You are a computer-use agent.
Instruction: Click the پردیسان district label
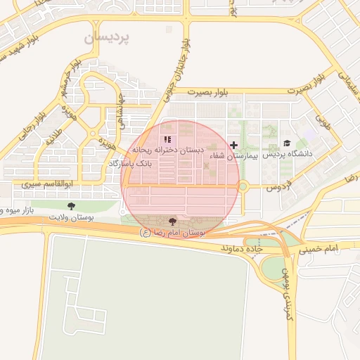pos(112,39)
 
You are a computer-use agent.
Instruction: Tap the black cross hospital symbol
pos(234,145)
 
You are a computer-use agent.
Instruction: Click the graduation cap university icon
pos(287,143)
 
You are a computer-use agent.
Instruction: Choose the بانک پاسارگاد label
pos(131,163)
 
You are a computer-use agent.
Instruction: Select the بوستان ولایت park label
pos(71,217)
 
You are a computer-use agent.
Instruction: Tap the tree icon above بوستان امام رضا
pos(173,221)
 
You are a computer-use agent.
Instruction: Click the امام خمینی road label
pos(318,250)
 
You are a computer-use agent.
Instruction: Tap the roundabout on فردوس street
pos(243,186)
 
